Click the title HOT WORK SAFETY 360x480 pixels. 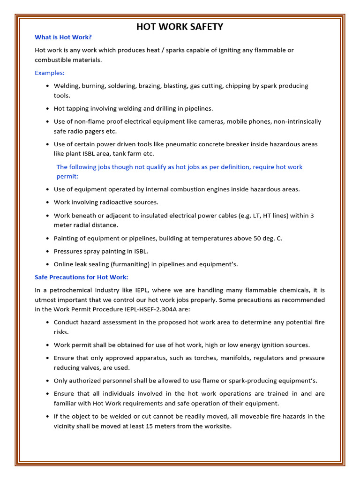tap(180, 27)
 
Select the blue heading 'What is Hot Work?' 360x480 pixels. tap(63, 37)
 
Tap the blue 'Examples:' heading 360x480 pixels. tap(50, 73)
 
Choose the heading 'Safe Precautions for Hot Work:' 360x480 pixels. tap(81, 277)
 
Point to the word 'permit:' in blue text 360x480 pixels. tap(67, 176)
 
